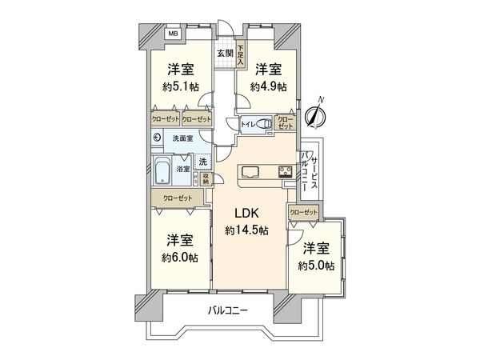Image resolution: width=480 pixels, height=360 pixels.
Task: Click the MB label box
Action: (173, 34)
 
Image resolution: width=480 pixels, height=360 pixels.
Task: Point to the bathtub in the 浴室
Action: (163, 169)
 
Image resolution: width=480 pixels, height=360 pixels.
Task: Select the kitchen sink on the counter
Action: (249, 170)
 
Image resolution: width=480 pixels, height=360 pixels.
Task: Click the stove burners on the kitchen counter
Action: (285, 170)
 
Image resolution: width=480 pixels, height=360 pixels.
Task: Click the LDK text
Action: (246, 214)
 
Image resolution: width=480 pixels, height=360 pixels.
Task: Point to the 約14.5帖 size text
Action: (246, 230)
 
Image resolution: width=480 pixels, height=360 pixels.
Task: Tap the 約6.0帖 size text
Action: (180, 257)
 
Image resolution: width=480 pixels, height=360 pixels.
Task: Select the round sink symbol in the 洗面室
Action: (157, 137)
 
